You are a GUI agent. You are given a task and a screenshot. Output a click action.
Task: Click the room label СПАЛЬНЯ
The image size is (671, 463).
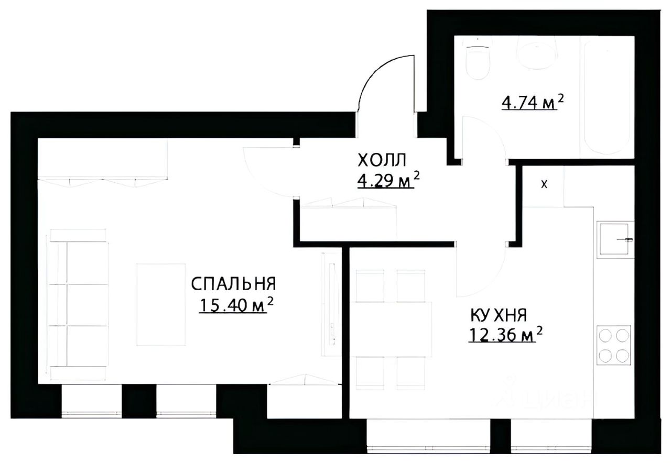coord(233,284)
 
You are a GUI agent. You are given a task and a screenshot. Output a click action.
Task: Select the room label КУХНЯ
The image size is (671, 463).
coord(498,315)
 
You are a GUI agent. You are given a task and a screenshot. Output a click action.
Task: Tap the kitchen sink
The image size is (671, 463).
coord(614,240)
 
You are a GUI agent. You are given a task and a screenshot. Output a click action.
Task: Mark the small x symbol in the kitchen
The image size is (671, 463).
coord(544,184)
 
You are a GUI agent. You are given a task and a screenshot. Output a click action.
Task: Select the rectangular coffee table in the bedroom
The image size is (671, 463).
coord(161,304)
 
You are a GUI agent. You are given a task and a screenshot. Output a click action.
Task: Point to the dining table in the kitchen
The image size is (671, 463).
coord(392,325)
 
